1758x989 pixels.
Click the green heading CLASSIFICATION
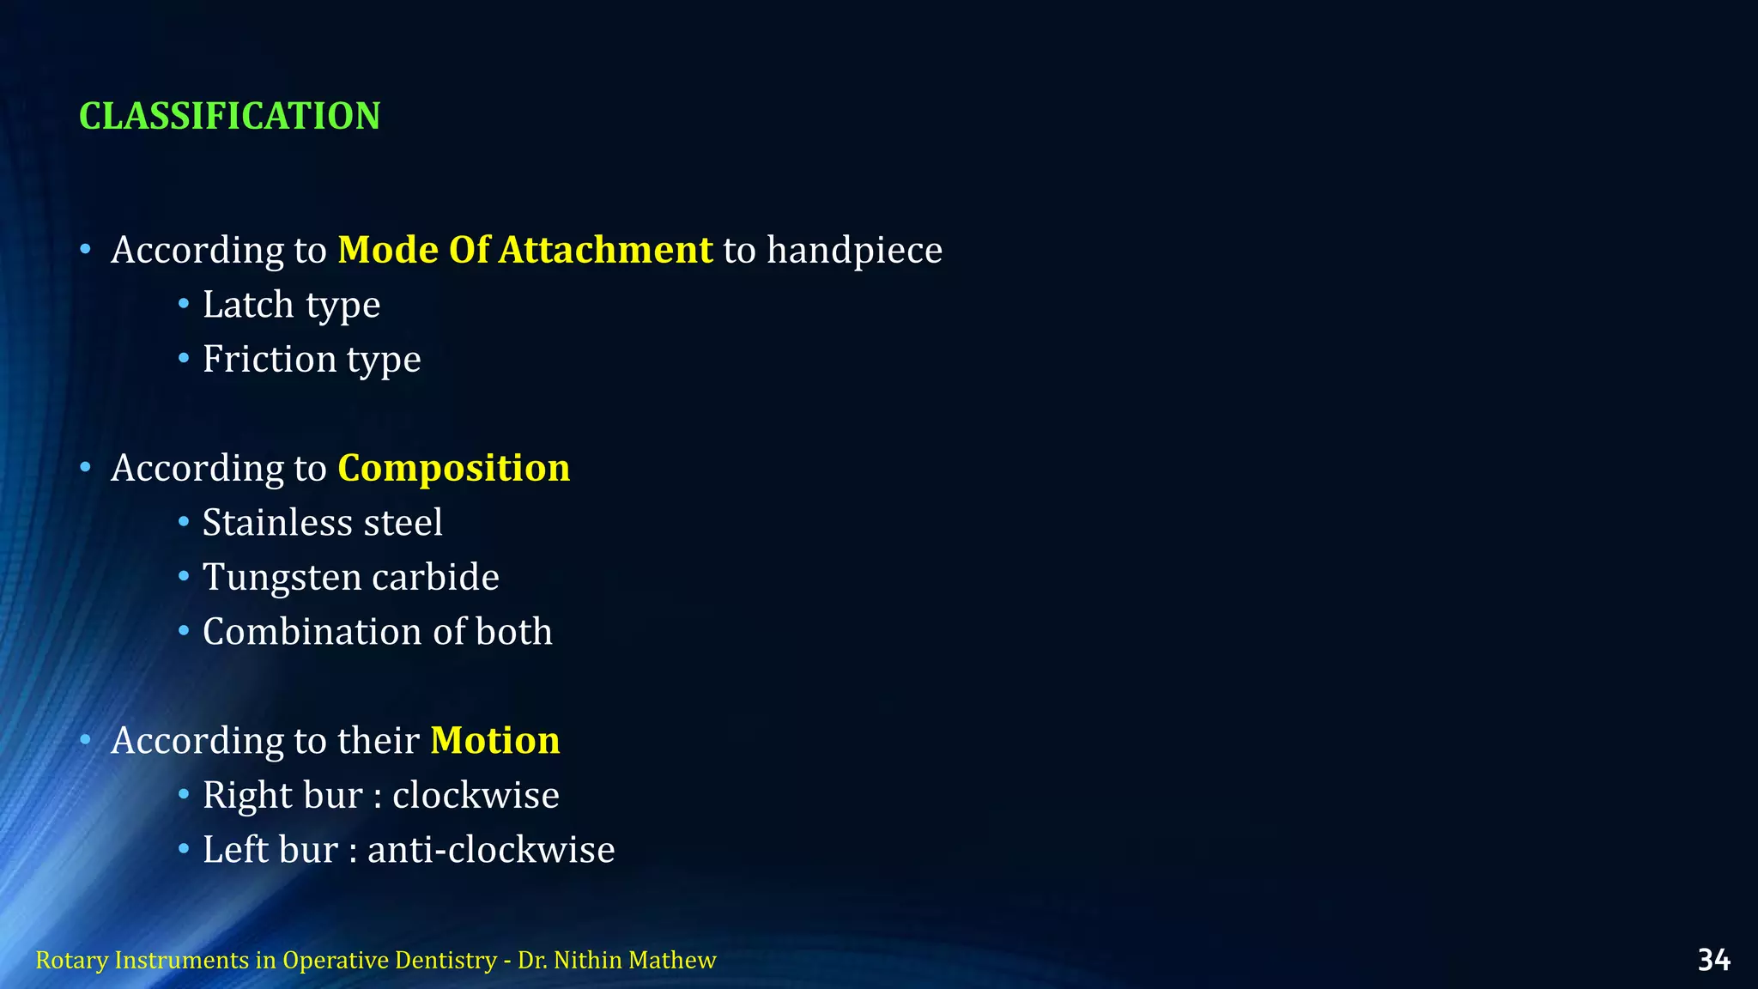point(229,117)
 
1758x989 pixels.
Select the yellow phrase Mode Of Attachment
point(524,251)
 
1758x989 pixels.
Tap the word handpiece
point(854,251)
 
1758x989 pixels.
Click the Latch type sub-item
point(291,306)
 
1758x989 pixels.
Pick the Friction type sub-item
point(312,360)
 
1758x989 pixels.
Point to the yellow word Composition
point(453,469)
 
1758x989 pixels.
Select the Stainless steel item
point(323,523)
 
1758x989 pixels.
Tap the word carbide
point(435,578)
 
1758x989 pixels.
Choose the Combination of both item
point(377,633)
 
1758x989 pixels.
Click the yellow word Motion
point(494,741)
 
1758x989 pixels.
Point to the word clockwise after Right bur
point(476,796)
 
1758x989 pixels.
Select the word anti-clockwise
point(491,851)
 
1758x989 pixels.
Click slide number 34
point(1713,960)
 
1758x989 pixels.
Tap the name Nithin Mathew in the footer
point(634,960)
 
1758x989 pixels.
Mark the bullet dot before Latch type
point(184,304)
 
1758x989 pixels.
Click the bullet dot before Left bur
point(184,849)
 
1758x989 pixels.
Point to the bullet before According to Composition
point(85,468)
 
